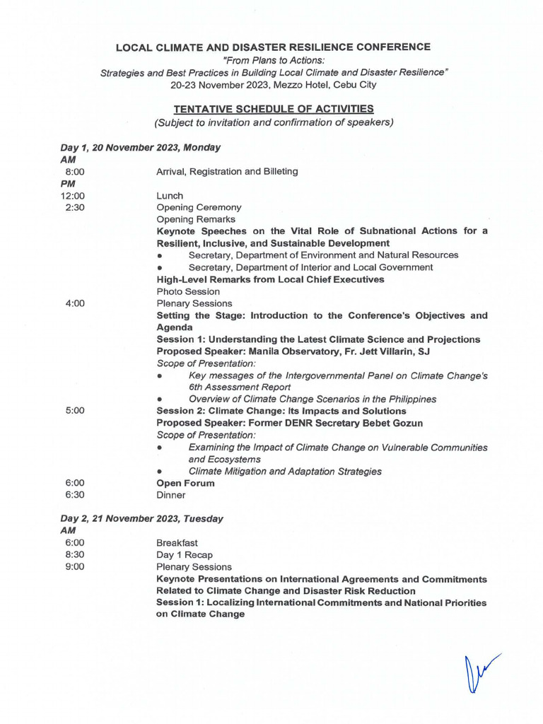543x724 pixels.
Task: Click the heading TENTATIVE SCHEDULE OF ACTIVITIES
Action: (x=274, y=109)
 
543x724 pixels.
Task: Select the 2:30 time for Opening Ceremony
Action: (x=75, y=207)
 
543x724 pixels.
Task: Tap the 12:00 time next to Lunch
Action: (x=73, y=195)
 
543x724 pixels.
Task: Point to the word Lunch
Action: (x=170, y=195)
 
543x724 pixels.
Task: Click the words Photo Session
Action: (x=188, y=291)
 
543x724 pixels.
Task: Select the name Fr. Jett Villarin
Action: (x=382, y=351)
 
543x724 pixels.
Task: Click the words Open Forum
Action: (x=185, y=483)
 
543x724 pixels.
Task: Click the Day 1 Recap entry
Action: (x=185, y=555)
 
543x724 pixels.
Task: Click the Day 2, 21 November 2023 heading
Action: (x=141, y=518)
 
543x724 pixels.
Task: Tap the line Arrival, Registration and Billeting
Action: (x=227, y=171)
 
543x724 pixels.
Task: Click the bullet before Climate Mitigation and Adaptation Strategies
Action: (x=161, y=472)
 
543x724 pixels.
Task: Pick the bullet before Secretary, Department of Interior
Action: (x=161, y=267)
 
